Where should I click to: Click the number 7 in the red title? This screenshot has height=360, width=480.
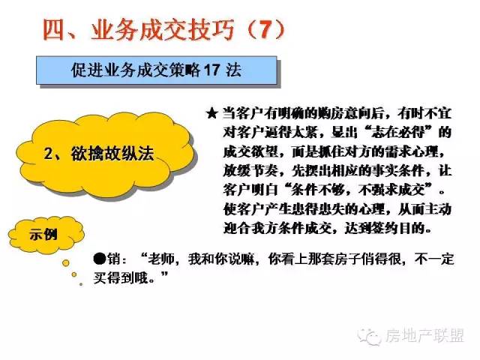(x=266, y=30)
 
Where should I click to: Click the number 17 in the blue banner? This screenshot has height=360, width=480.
(x=211, y=70)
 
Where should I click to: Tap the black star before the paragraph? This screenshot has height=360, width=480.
(x=212, y=114)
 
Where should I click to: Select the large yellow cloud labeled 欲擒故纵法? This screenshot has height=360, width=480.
(x=105, y=155)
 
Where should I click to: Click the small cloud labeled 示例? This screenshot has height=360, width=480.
(x=46, y=235)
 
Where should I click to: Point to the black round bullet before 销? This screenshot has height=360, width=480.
(x=100, y=259)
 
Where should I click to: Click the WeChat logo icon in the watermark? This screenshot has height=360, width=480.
(x=370, y=336)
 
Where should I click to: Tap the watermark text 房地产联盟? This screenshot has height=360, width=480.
(x=424, y=336)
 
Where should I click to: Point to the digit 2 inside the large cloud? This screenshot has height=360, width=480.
(x=48, y=154)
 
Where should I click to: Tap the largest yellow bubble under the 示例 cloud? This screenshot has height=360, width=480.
(x=66, y=262)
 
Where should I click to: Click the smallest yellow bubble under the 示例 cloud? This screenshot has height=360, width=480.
(x=81, y=284)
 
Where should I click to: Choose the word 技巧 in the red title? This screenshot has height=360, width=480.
(x=211, y=30)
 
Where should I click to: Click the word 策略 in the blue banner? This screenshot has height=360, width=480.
(x=184, y=70)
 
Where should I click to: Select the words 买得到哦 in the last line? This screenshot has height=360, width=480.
(x=121, y=278)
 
